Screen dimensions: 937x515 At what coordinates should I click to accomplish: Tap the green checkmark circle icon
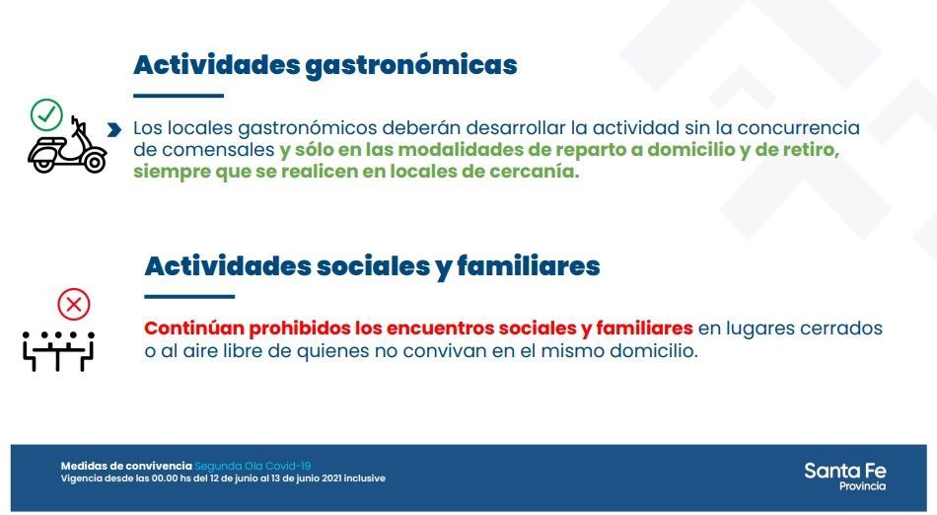point(46,114)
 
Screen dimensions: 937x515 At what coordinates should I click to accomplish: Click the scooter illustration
point(67,145)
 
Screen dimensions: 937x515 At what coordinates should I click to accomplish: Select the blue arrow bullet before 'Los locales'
point(114,129)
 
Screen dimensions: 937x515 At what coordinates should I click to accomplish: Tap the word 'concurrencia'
point(798,128)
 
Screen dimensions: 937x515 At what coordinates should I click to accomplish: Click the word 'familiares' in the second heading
point(529,266)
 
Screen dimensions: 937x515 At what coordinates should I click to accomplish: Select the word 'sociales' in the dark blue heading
point(373,266)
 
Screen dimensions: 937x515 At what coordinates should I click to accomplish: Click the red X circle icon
point(74,305)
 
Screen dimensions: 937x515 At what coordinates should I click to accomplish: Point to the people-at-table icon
point(58,350)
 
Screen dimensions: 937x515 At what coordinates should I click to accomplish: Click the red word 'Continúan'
point(194,329)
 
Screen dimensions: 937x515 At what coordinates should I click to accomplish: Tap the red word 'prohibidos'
point(300,329)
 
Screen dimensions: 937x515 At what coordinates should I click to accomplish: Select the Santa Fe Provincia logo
point(845,477)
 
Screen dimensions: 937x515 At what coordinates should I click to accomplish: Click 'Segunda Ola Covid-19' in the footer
point(252,466)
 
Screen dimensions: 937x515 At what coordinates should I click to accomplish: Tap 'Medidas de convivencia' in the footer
point(126,466)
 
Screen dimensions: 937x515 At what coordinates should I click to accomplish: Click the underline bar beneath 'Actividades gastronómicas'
point(179,96)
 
